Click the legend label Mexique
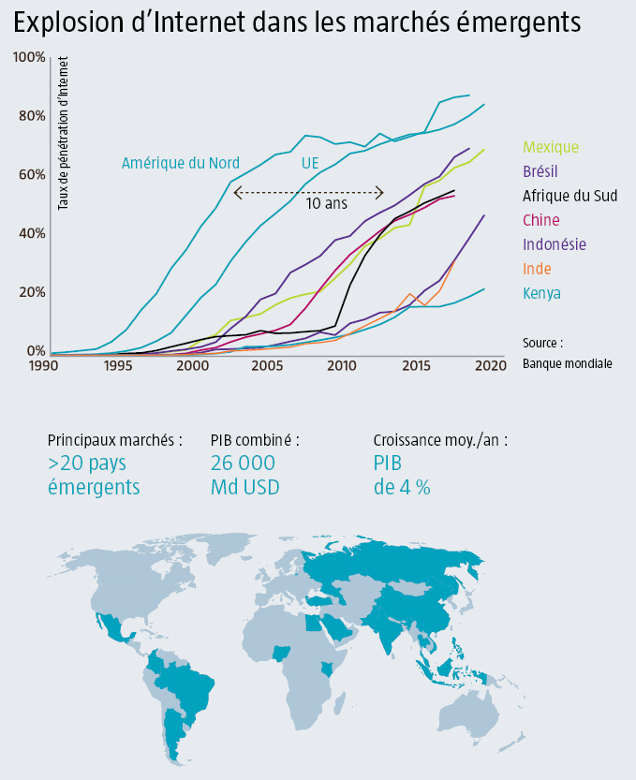pos(551,147)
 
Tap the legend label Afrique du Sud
pos(569,196)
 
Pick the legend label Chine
pos(541,220)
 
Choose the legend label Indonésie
pos(555,244)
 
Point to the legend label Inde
pos(538,269)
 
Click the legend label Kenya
pos(542,293)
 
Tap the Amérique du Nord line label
pos(181,163)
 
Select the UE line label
pos(310,163)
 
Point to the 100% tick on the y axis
pos(29,58)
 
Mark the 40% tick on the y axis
pos(31,233)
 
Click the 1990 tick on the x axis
pos(42,365)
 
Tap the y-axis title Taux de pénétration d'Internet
pos(65,132)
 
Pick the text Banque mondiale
pos(568,362)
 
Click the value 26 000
pos(244,463)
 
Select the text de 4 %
pos(402,486)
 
